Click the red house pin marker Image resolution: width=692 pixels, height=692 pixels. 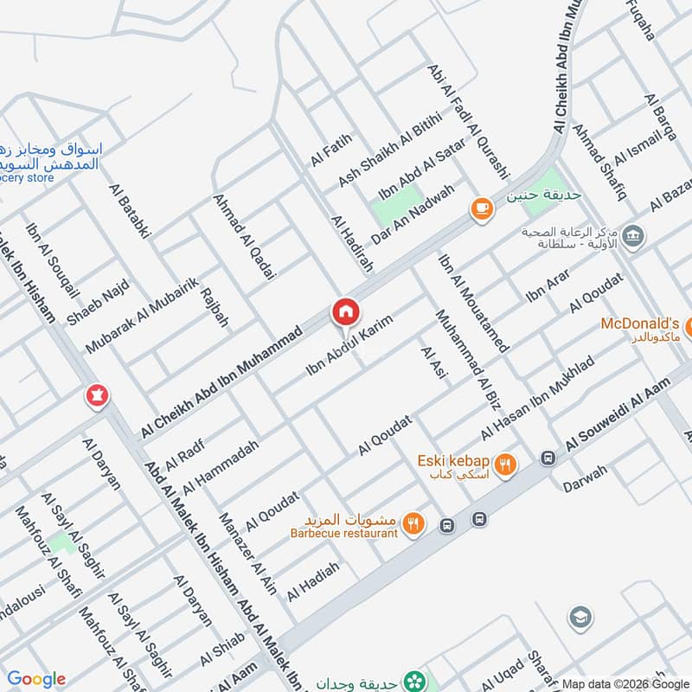coord(345,311)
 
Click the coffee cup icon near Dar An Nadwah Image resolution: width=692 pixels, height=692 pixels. coord(482,208)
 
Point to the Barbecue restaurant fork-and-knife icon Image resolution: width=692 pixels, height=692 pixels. coord(414,522)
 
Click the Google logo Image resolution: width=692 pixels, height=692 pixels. coord(35,679)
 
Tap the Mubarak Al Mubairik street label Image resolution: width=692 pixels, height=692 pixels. coord(143,315)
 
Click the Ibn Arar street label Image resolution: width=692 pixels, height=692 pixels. coord(548,285)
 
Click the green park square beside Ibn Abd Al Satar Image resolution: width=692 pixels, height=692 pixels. coord(394,208)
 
